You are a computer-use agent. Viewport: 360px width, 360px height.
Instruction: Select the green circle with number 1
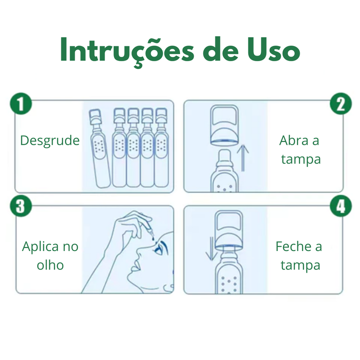click(21, 104)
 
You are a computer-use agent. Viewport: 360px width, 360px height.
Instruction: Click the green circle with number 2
click(341, 104)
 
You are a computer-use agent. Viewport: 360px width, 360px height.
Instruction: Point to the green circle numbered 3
click(21, 206)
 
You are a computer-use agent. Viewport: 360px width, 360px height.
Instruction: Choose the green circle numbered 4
click(341, 206)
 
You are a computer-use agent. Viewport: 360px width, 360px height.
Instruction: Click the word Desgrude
click(50, 141)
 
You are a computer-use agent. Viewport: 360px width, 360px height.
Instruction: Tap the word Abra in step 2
click(294, 141)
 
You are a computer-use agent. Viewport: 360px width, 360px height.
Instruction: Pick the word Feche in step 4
click(293, 246)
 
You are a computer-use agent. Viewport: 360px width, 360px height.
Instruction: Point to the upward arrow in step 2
click(243, 158)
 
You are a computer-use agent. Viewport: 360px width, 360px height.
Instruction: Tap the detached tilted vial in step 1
click(99, 148)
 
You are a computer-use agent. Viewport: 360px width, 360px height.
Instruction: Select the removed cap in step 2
click(224, 125)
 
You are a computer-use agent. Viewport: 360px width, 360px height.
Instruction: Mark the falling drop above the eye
click(153, 239)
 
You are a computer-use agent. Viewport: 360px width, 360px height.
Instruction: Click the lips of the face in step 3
click(135, 266)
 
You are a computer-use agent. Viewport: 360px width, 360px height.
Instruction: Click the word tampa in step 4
click(300, 266)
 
